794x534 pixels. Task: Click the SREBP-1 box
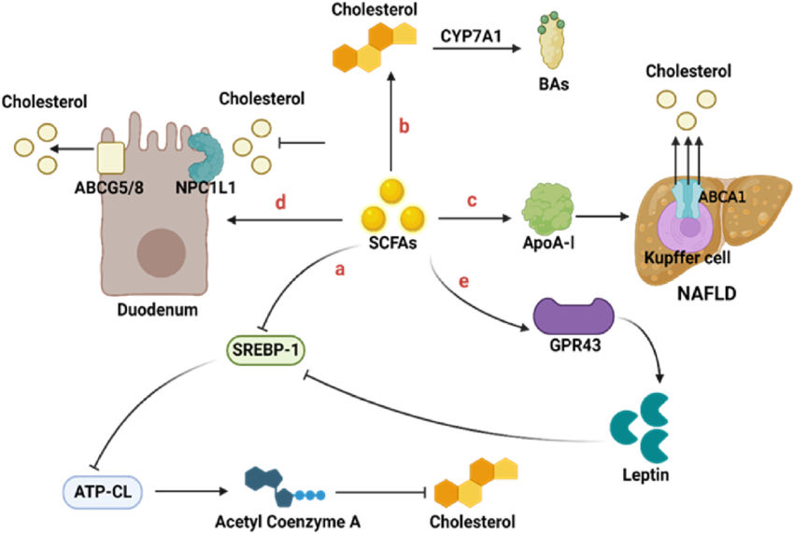coord(265,350)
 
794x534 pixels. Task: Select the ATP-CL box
coord(103,491)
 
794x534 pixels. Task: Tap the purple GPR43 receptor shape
coord(574,316)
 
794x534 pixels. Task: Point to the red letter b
coord(404,126)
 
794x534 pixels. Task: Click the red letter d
coord(280,203)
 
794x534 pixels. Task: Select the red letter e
coord(463,282)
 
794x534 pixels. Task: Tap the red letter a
coord(340,271)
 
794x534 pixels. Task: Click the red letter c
coord(472,201)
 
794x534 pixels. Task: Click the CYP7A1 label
coord(471,36)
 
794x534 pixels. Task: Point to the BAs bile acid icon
coord(550,40)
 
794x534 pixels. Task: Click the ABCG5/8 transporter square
coord(110,159)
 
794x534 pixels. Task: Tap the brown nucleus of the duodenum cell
coord(161,253)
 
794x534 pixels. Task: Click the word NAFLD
coord(706,293)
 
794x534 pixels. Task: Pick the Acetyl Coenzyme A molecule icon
coord(284,487)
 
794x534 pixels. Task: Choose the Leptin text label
coord(645,475)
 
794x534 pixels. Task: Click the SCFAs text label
coord(392,244)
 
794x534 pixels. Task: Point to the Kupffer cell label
coord(688,259)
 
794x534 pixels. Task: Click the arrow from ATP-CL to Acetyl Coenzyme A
coord(191,491)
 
